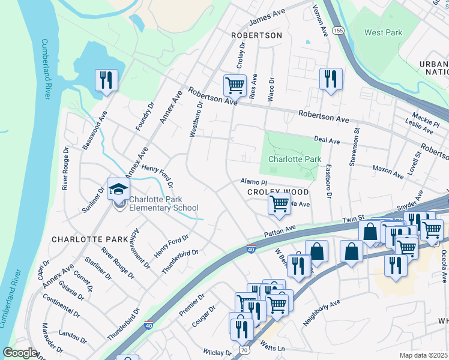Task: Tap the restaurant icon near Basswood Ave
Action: pyautogui.click(x=107, y=80)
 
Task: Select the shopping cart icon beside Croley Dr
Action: pyautogui.click(x=235, y=85)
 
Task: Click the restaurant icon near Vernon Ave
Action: pyautogui.click(x=330, y=79)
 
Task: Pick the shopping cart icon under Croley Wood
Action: pyautogui.click(x=279, y=204)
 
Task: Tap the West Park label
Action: pyautogui.click(x=384, y=32)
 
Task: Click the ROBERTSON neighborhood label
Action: pyautogui.click(x=256, y=36)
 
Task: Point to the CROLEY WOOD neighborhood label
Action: pyautogui.click(x=278, y=192)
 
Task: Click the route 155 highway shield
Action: pyautogui.click(x=339, y=29)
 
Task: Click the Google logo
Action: pyautogui.click(x=20, y=353)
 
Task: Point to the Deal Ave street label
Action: pyautogui.click(x=327, y=140)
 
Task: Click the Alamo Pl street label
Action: pyautogui.click(x=253, y=181)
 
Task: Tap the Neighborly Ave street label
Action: pyautogui.click(x=322, y=313)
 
